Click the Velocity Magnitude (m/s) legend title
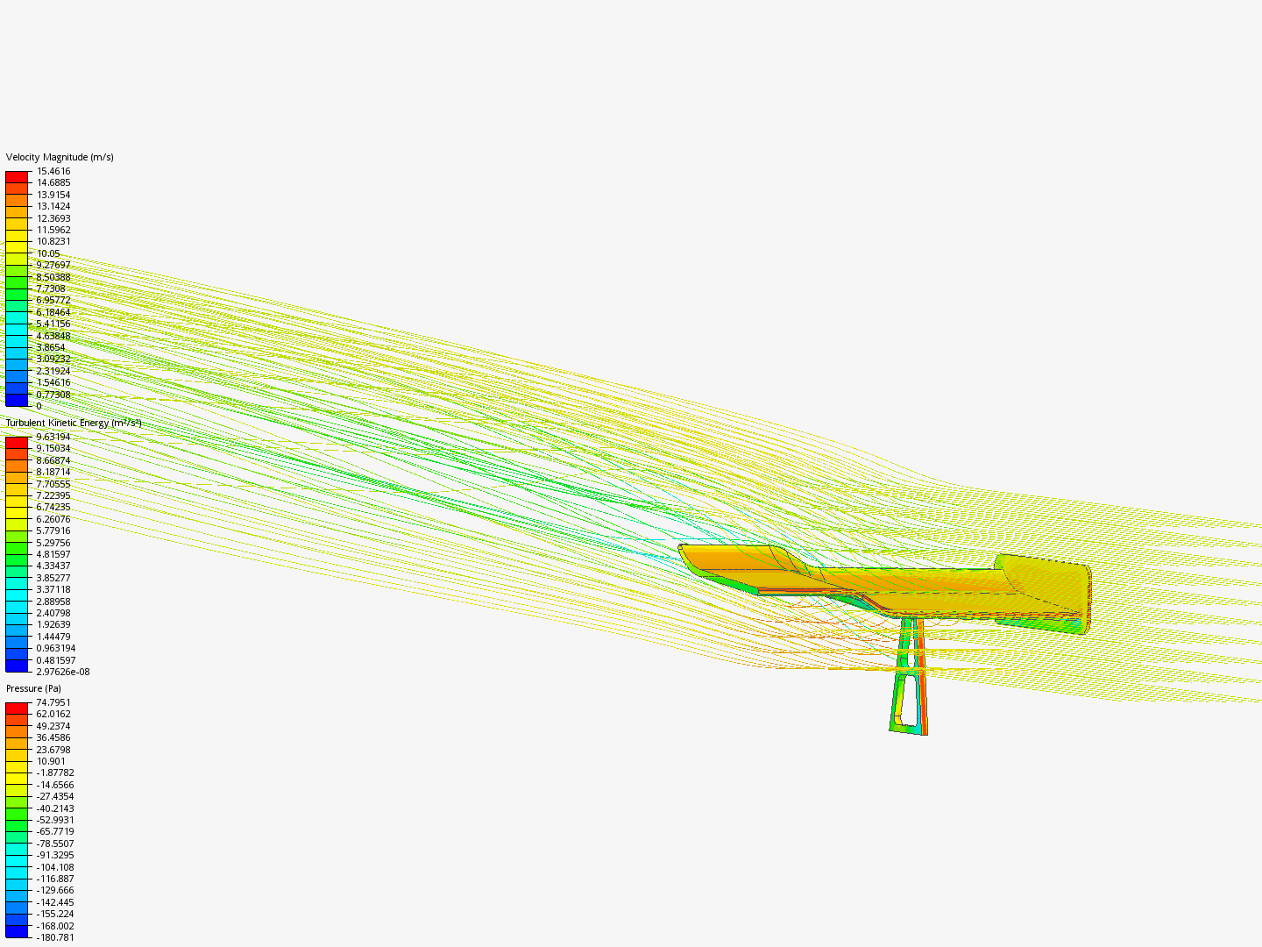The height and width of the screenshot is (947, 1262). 60,157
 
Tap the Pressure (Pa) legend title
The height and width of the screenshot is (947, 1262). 33,688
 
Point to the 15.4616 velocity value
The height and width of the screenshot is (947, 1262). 53,171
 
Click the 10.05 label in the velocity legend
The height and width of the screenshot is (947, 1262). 48,253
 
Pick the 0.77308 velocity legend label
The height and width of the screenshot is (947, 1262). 53,395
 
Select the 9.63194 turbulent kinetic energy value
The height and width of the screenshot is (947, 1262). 53,437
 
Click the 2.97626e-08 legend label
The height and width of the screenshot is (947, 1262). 62,672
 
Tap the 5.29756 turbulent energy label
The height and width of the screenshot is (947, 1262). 53,543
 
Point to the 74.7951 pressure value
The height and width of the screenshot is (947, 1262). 53,702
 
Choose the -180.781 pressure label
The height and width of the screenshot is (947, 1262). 55,937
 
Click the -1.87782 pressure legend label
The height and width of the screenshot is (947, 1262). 55,773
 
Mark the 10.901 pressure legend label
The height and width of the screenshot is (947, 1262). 51,761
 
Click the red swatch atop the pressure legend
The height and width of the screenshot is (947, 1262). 17,708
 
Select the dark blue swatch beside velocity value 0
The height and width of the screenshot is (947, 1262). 17,401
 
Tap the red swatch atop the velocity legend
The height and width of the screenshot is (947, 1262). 17,176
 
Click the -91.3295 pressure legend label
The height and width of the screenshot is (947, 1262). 55,855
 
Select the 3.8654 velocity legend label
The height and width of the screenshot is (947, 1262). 51,347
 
